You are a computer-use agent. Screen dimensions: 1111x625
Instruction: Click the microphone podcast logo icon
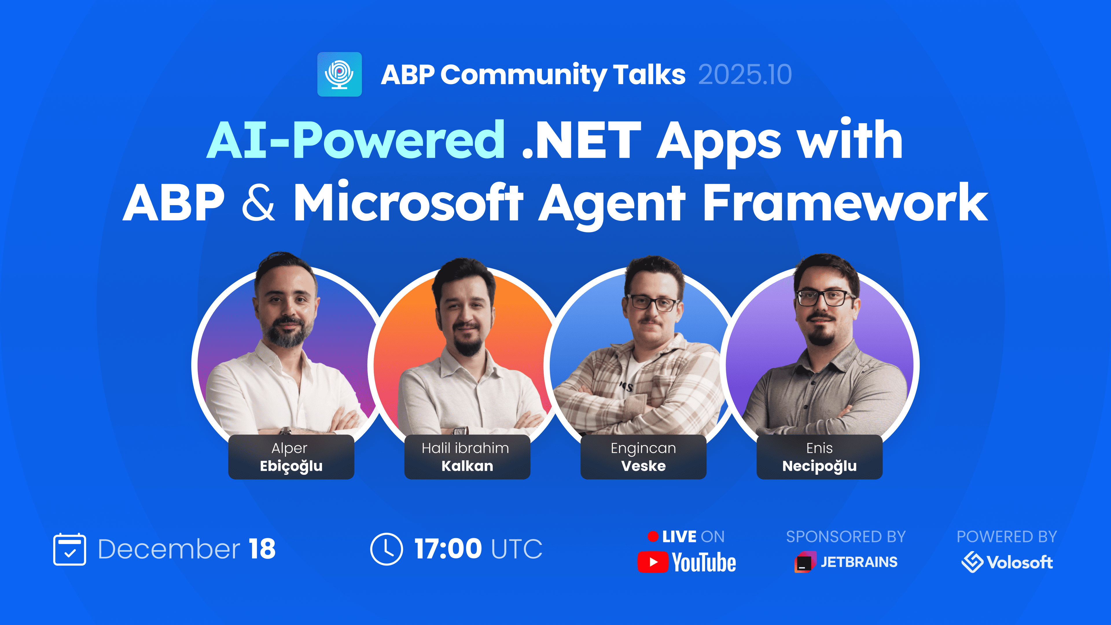pyautogui.click(x=339, y=74)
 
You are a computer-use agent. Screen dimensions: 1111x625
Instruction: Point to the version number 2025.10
pyautogui.click(x=745, y=75)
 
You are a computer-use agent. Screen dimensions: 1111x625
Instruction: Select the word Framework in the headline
pyautogui.click(x=845, y=202)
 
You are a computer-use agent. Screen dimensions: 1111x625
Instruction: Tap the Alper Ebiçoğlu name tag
pyautogui.click(x=291, y=457)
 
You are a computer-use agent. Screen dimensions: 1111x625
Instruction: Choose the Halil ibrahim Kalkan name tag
pyautogui.click(x=467, y=457)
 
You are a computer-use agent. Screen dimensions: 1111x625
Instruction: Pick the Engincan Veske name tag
pyautogui.click(x=643, y=457)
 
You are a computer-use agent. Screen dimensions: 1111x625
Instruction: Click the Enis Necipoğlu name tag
pyautogui.click(x=819, y=457)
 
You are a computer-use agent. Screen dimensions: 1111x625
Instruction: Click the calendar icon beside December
pyautogui.click(x=69, y=549)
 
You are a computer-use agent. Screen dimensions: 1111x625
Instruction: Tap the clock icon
pyautogui.click(x=387, y=549)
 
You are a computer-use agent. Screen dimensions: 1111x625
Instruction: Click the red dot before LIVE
pyautogui.click(x=653, y=536)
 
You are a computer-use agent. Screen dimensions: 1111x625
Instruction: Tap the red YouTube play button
pyautogui.click(x=653, y=562)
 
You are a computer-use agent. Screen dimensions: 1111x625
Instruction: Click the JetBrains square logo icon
pyautogui.click(x=805, y=562)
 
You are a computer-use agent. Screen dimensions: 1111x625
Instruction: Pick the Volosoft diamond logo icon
pyautogui.click(x=972, y=562)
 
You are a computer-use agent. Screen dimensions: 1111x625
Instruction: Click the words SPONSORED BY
pyautogui.click(x=846, y=536)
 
